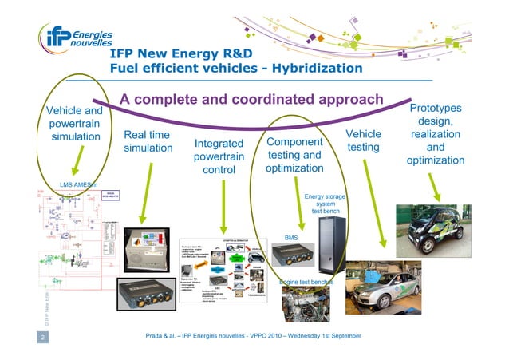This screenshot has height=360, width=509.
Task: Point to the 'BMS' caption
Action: click(291, 237)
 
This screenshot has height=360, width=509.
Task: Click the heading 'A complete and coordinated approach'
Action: click(251, 100)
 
